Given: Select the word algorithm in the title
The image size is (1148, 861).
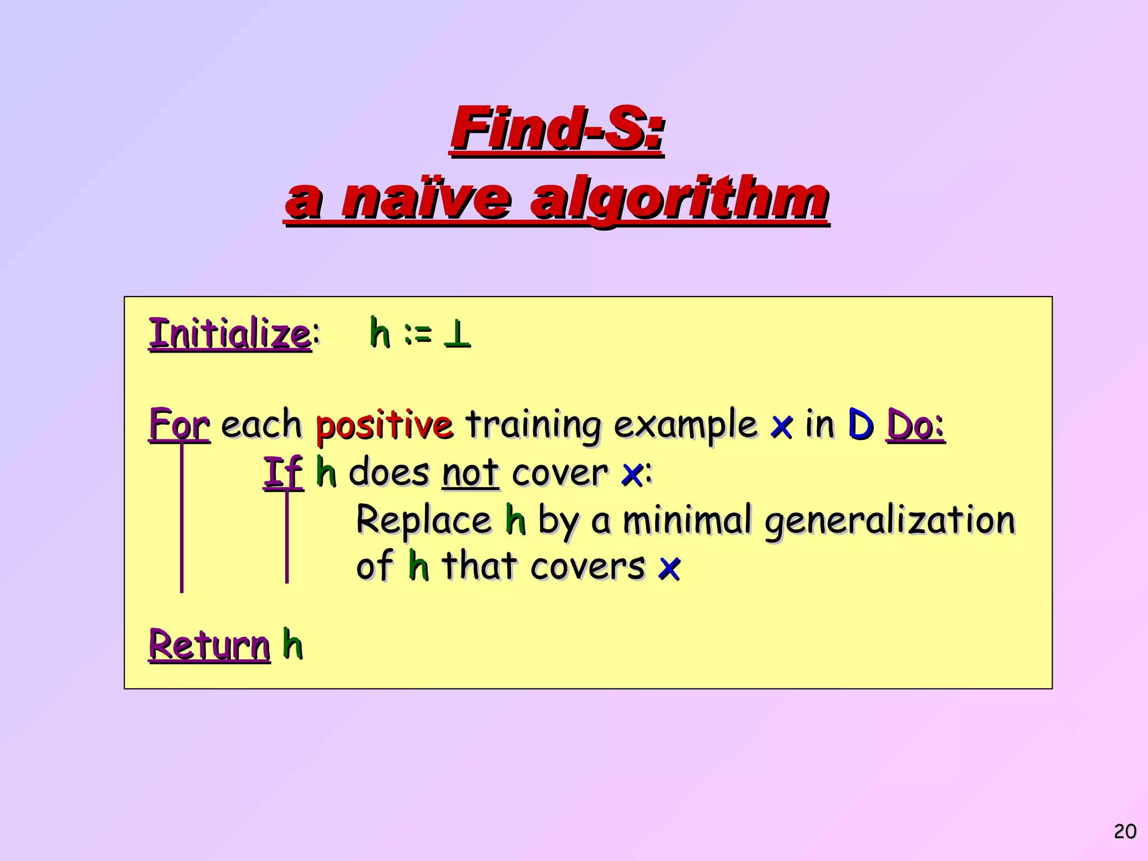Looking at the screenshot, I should point(679,200).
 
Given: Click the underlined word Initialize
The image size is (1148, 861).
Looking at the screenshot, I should point(229,334).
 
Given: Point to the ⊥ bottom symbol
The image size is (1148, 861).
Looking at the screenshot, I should point(457,335).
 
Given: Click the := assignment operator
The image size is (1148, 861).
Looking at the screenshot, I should point(418,335).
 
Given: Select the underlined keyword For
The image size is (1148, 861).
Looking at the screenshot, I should point(179,424).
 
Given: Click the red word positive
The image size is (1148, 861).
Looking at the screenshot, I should point(384,424).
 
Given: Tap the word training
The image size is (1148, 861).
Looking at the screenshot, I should point(534,425).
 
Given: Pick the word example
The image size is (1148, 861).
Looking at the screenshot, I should point(686,425).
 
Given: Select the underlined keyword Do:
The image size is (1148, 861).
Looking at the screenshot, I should point(915,424).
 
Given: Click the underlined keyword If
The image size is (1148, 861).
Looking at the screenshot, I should point(283,472).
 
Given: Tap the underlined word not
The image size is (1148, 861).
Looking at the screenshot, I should point(470,473).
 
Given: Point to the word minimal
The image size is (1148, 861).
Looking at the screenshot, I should point(687,520).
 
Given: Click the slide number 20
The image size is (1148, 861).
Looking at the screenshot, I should point(1124,831).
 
